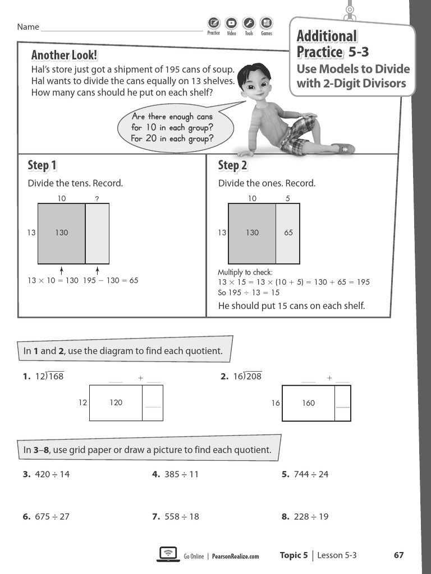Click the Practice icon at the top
click(213, 24)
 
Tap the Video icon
click(231, 24)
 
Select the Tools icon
click(249, 24)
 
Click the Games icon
click(266, 24)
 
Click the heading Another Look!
click(64, 55)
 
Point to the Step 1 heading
click(42, 165)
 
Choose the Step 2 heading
click(232, 165)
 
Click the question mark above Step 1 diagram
click(97, 198)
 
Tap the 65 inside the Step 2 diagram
click(288, 233)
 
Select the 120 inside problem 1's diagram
click(116, 402)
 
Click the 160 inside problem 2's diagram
click(308, 403)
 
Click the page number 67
click(398, 556)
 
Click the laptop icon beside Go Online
click(167, 554)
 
